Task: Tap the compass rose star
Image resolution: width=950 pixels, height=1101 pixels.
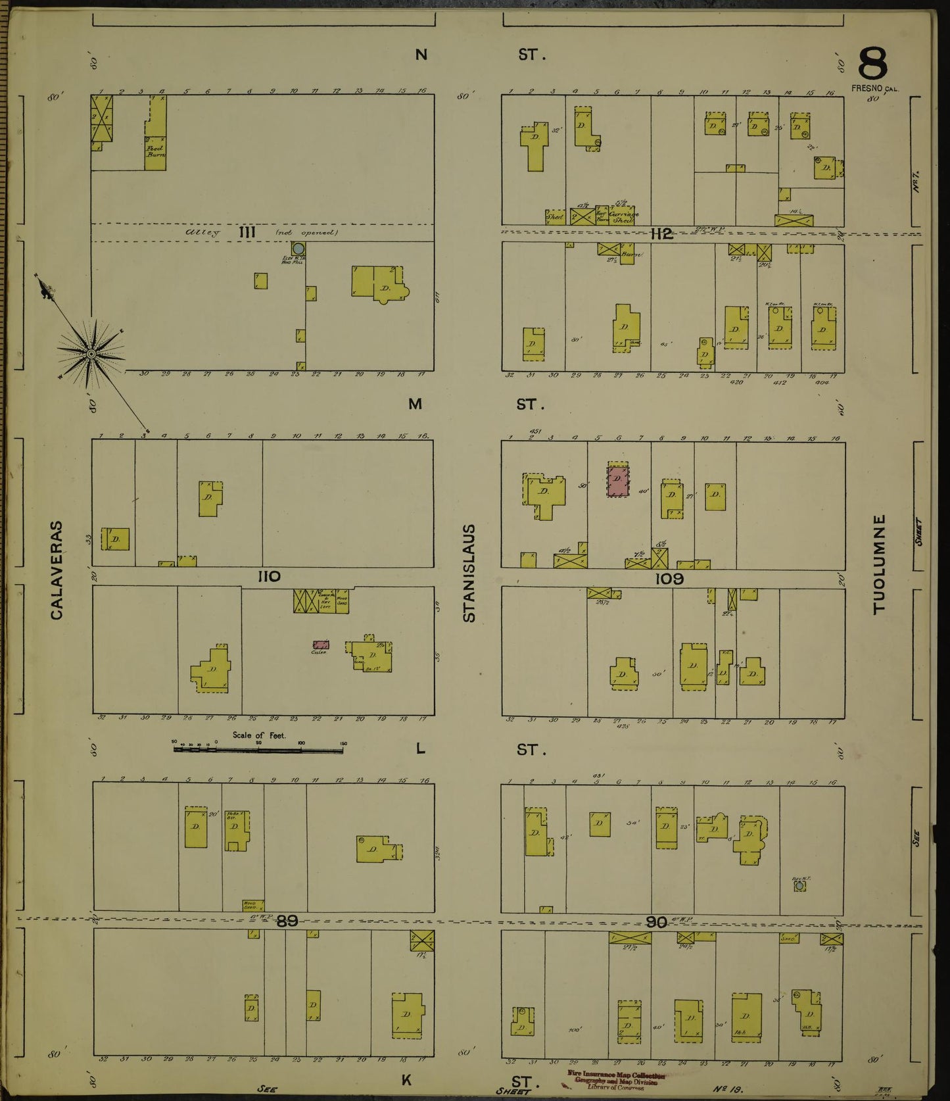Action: point(91,354)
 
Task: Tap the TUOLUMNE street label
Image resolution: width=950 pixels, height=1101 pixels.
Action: point(879,564)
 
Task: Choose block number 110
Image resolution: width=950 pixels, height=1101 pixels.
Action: point(269,577)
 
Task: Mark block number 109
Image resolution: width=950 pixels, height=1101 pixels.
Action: point(669,578)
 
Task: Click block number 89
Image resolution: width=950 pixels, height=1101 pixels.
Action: point(287,921)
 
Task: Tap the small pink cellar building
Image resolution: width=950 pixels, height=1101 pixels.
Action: point(321,645)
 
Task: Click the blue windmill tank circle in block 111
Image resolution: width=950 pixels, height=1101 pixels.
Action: point(298,249)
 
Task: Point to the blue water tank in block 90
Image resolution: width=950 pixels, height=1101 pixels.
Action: point(799,886)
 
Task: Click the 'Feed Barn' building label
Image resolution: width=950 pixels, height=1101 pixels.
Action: point(156,150)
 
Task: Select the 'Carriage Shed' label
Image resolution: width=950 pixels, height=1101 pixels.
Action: point(623,214)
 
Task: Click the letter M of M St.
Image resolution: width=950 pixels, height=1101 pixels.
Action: point(415,404)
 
